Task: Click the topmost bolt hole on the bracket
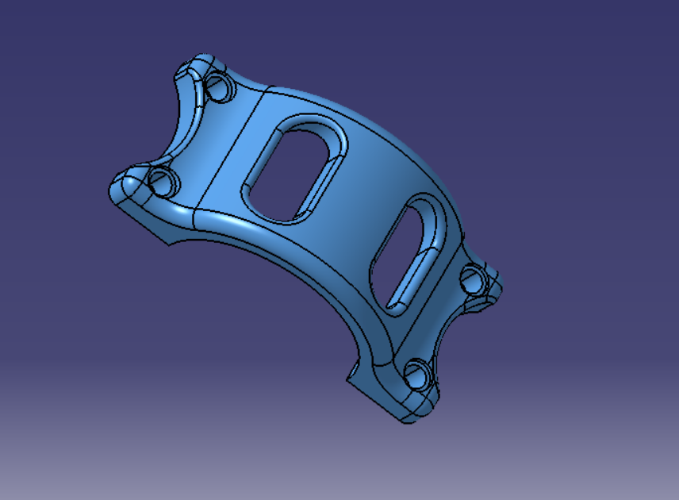click(220, 88)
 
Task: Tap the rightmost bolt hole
click(473, 279)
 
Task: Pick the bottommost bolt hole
click(417, 374)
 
